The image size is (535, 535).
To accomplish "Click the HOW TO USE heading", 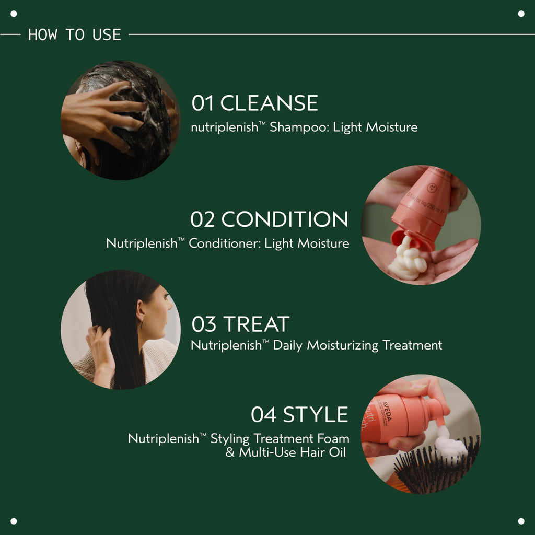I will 74,35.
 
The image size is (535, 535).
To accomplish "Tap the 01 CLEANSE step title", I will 254,103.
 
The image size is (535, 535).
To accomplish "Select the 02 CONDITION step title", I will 269,219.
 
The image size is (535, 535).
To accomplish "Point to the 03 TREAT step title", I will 240,324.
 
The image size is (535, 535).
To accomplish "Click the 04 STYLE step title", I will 299,415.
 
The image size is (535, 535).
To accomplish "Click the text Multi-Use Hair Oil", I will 293,452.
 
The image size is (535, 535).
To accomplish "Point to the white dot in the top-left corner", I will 14,14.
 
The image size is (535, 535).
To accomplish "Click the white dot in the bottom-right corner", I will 521,521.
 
